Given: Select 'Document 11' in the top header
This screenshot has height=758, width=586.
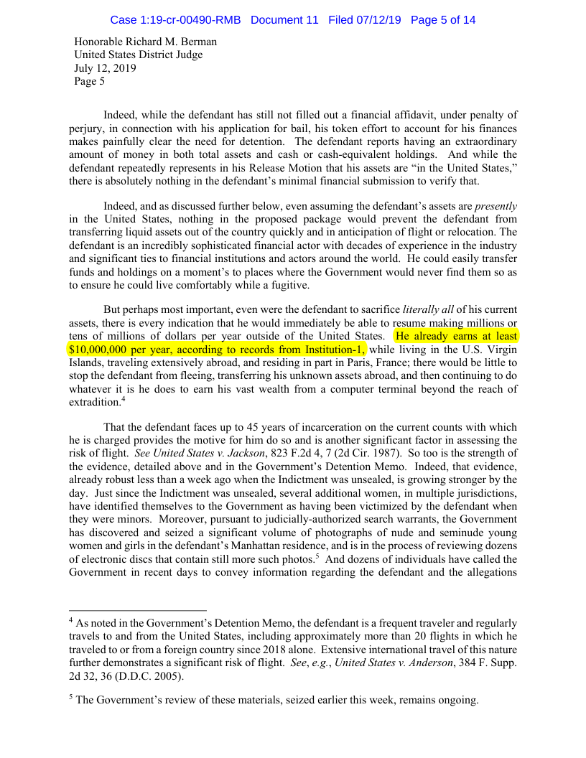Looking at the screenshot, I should (x=284, y=20).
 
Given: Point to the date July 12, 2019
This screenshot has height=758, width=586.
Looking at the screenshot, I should (x=105, y=69).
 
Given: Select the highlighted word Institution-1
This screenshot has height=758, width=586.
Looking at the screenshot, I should (x=332, y=349).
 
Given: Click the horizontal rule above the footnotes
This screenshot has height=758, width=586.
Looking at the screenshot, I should (x=137, y=611).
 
